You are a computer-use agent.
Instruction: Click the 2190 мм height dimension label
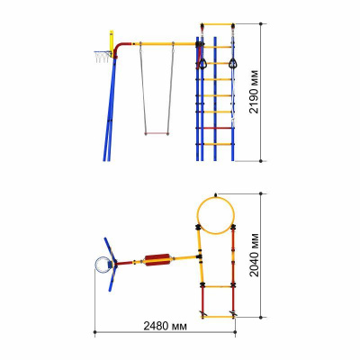[x=254, y=92]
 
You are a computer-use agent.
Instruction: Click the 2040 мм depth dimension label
[x=254, y=255]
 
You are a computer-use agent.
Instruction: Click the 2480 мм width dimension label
[x=165, y=326]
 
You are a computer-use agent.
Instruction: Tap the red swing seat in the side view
[x=157, y=133]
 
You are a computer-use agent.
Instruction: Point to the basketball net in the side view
[x=103, y=57]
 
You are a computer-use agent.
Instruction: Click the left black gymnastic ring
[x=202, y=64]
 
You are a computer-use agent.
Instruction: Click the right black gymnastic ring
[x=233, y=64]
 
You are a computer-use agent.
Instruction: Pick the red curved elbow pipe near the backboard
[x=121, y=48]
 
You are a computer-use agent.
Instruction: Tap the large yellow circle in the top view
[x=216, y=197]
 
